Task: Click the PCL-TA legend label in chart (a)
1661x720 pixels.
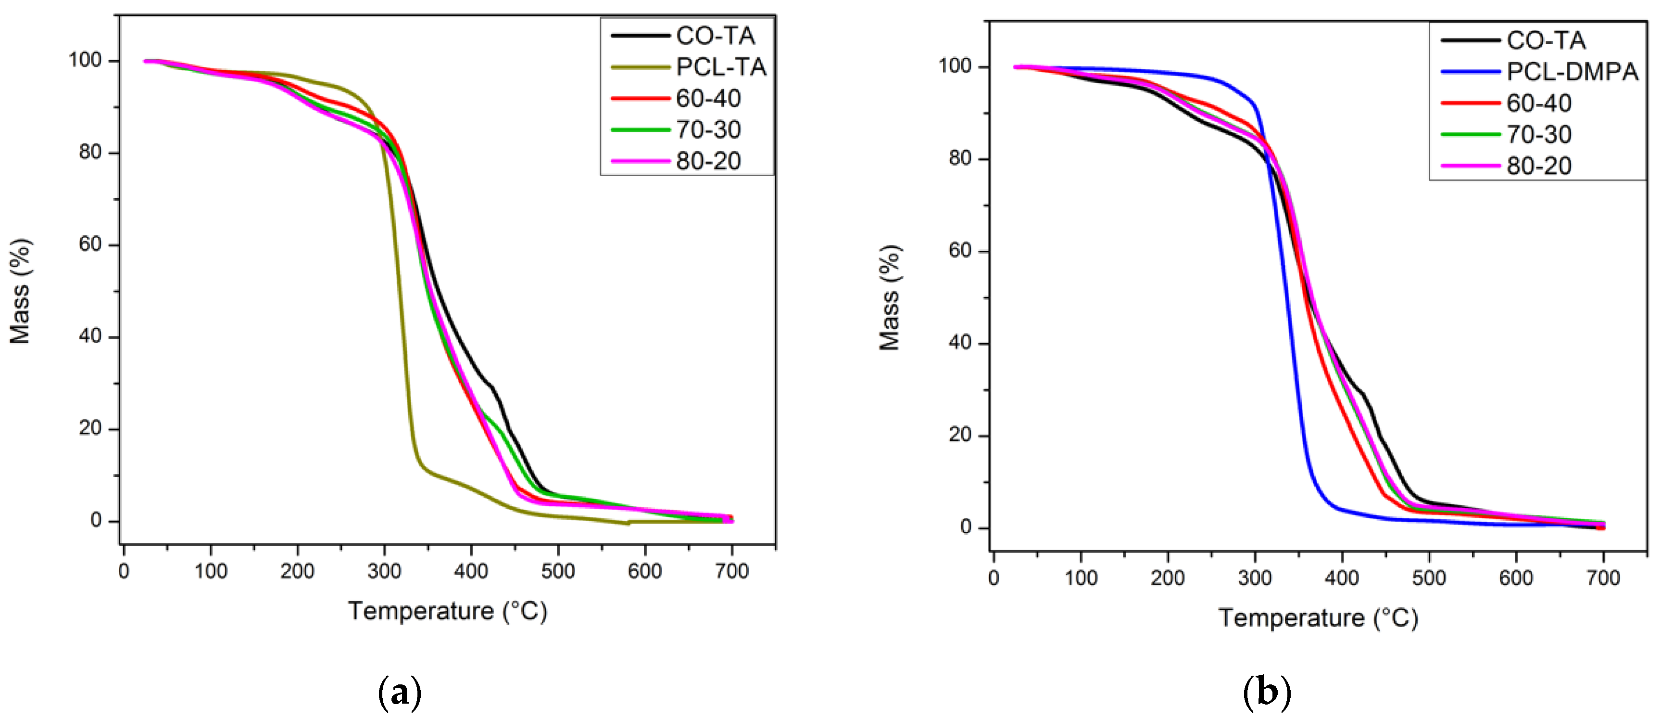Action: point(721,67)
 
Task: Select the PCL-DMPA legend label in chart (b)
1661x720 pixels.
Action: point(1572,72)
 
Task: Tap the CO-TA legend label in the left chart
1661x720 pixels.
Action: point(715,36)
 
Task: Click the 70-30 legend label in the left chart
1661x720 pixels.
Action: point(708,129)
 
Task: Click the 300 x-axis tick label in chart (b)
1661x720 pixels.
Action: point(1255,578)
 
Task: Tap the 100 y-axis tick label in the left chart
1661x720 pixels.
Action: point(86,61)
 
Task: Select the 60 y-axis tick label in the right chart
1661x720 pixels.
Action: point(960,251)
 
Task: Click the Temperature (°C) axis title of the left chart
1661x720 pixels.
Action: point(448,610)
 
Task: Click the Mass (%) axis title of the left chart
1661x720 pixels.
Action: point(20,291)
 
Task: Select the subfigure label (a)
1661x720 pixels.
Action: point(399,693)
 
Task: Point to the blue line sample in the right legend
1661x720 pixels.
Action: point(1470,72)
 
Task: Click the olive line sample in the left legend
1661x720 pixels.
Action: point(640,67)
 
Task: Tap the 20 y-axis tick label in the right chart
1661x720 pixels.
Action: point(960,435)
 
